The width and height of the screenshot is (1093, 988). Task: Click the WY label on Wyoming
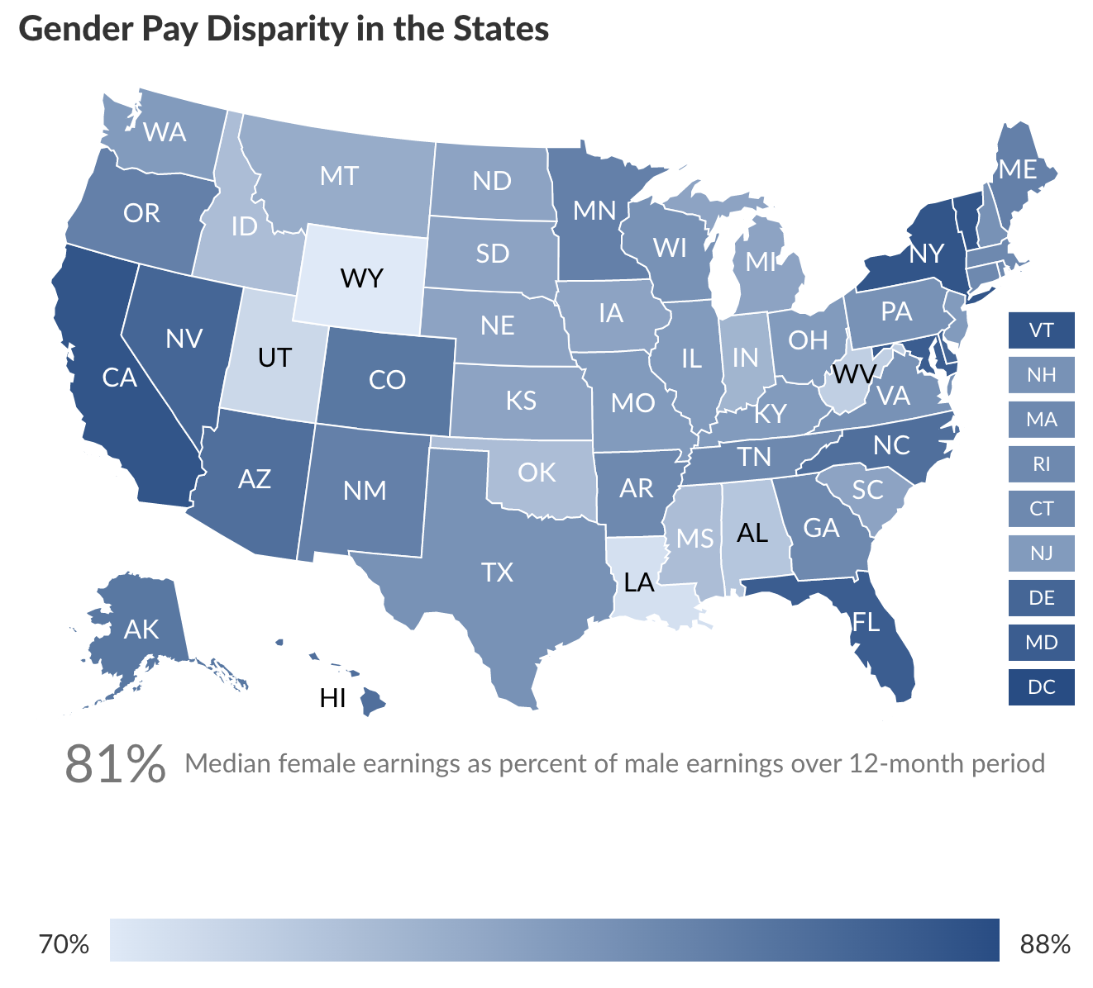(x=362, y=278)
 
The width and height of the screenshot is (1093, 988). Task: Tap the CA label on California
(x=119, y=378)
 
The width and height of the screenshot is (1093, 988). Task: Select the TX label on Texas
(x=498, y=572)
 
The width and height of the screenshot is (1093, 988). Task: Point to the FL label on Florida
(x=866, y=621)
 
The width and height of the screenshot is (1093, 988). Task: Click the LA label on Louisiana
(x=639, y=583)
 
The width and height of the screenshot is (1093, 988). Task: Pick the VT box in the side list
(x=1041, y=330)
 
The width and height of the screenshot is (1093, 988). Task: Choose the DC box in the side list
(x=1041, y=687)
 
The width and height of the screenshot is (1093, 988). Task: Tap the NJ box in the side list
(x=1041, y=553)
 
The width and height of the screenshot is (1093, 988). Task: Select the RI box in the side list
(x=1041, y=464)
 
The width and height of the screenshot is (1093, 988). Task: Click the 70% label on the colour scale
(x=64, y=943)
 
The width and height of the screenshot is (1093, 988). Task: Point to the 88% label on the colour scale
(x=1045, y=943)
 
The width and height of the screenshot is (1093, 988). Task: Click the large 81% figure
(x=115, y=763)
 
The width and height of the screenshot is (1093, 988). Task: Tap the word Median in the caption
(x=228, y=763)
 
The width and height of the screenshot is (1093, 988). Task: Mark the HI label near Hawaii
(x=332, y=699)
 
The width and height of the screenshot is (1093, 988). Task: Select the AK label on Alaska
(x=141, y=629)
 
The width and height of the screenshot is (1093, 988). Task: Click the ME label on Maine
(x=1018, y=169)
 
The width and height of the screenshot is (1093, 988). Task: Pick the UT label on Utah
(x=274, y=358)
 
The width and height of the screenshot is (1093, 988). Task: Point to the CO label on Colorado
(x=387, y=380)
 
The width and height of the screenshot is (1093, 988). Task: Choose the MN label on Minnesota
(x=595, y=211)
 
